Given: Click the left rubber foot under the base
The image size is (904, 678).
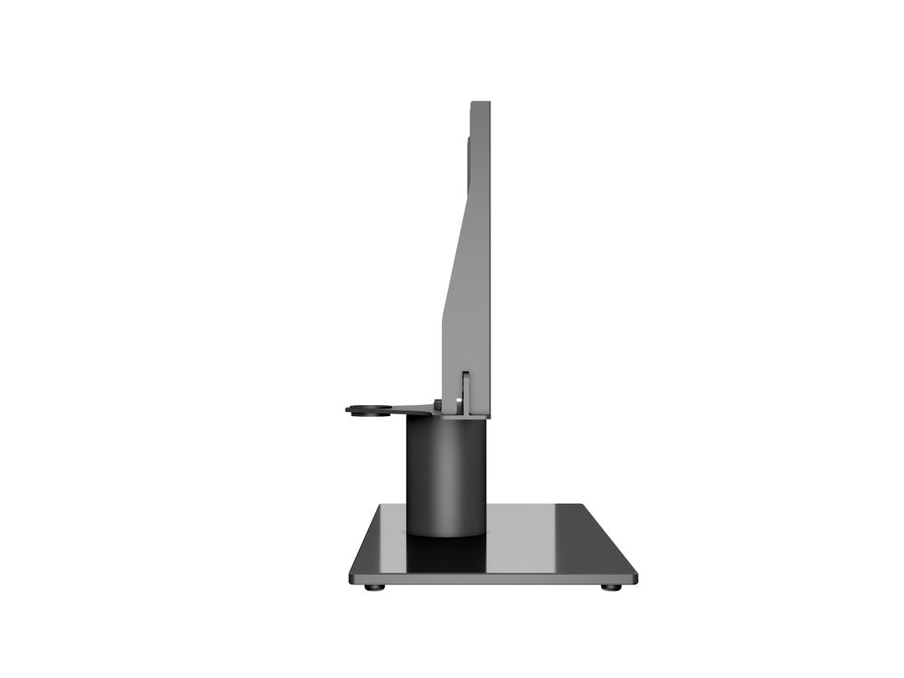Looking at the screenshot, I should (x=375, y=588).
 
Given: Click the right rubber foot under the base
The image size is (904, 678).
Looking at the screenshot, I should (x=612, y=588).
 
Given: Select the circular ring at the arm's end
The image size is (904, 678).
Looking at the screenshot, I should (x=368, y=409).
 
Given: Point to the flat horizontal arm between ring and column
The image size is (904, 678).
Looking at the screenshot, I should (x=410, y=408).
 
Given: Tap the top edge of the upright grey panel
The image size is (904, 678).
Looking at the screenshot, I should (x=480, y=103).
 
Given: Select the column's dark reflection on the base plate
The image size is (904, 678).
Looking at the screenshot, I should (x=446, y=552).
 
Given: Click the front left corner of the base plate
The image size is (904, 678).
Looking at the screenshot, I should (x=352, y=577).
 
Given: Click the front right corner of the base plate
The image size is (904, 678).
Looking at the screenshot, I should (x=634, y=577).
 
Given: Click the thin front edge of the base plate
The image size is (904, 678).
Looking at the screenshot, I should (x=494, y=579).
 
